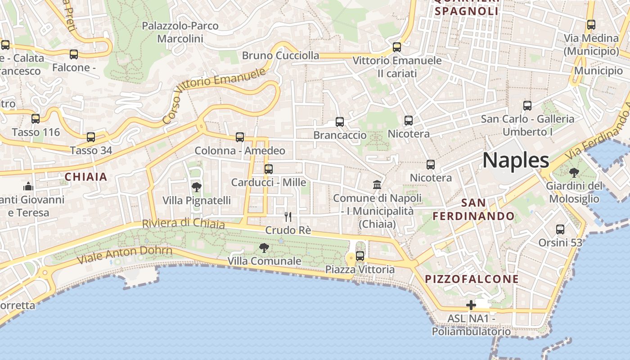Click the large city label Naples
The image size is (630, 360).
pos(516,161)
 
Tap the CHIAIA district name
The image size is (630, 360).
pos(86,177)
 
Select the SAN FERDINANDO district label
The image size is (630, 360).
pos(473,209)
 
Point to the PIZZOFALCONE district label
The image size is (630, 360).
pos(472,279)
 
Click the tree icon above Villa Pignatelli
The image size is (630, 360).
pos(196,187)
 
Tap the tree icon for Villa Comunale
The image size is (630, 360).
pos(264,247)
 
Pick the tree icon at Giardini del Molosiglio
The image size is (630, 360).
pos(574,172)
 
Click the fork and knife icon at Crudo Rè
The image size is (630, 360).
pos(288,217)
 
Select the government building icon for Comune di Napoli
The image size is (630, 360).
pos(377,184)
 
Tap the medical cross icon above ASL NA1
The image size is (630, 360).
pos(471,305)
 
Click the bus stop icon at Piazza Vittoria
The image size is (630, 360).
pos(360,256)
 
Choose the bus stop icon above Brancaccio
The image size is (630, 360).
pos(340,122)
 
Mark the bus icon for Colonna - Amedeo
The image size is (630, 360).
pos(240,137)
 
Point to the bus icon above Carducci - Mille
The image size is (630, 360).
pos(269,169)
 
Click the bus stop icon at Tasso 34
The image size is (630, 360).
pos(91,137)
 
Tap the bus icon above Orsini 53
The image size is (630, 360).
pos(560,229)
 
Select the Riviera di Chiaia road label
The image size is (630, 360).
pos(183,223)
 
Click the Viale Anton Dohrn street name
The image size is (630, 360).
pos(124,255)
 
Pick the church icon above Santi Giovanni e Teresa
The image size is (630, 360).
pos(28,186)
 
